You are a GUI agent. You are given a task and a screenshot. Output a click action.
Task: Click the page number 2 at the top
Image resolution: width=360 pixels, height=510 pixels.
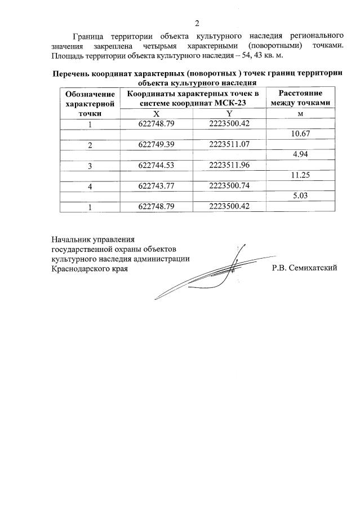coord(197,23)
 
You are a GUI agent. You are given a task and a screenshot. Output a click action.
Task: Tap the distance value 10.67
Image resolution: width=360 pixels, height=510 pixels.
coord(299,134)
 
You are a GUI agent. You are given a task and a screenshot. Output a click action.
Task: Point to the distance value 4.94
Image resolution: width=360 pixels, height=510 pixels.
coord(299,155)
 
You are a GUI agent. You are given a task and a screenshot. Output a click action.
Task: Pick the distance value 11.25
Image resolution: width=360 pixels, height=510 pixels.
coord(299,176)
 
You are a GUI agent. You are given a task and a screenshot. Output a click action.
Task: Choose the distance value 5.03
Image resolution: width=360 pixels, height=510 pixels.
coord(299,196)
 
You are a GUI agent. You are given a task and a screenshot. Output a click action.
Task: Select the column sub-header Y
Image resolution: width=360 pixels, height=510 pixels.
coord(229,113)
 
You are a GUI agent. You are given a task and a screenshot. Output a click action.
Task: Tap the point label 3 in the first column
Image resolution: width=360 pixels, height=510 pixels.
coord(90,166)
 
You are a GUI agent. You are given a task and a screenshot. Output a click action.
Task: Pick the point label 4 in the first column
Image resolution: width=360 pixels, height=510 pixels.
coord(90,186)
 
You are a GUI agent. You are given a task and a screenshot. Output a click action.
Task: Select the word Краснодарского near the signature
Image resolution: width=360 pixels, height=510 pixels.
coord(80,268)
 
